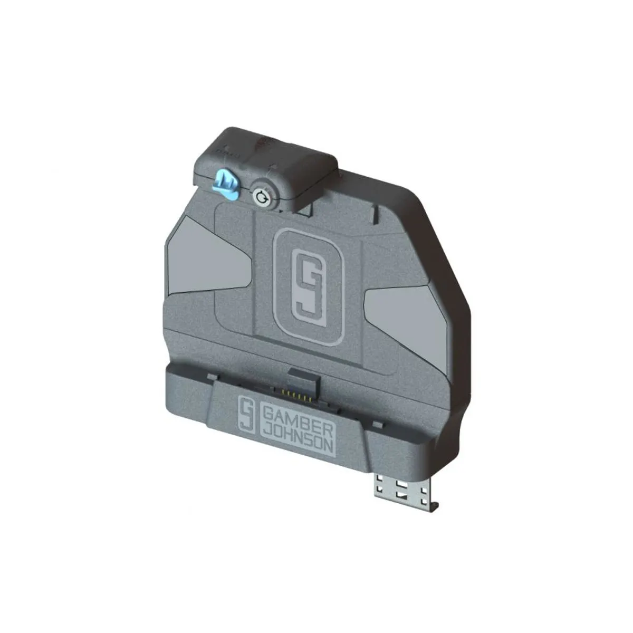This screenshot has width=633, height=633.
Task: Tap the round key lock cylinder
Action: pos(262,197)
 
